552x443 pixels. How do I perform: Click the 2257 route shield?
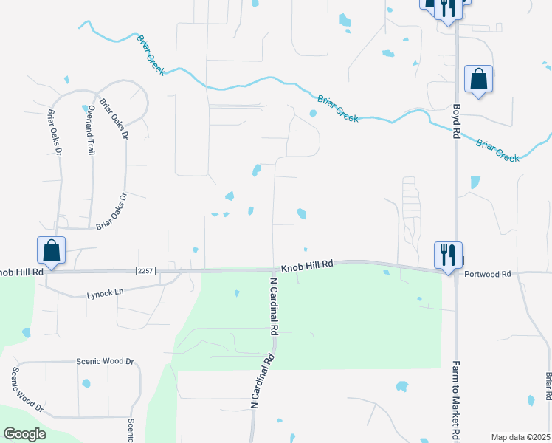pos(145,272)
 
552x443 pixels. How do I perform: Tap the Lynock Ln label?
pos(104,293)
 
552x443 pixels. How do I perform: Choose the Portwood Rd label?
pos(488,274)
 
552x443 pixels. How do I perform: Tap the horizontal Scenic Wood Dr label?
pos(105,362)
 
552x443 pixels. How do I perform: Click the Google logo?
pos(24,433)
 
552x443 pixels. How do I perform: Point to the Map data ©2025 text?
pos(520,437)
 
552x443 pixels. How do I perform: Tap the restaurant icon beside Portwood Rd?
pos(448,255)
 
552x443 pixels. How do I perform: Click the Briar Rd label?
pos(548,387)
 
